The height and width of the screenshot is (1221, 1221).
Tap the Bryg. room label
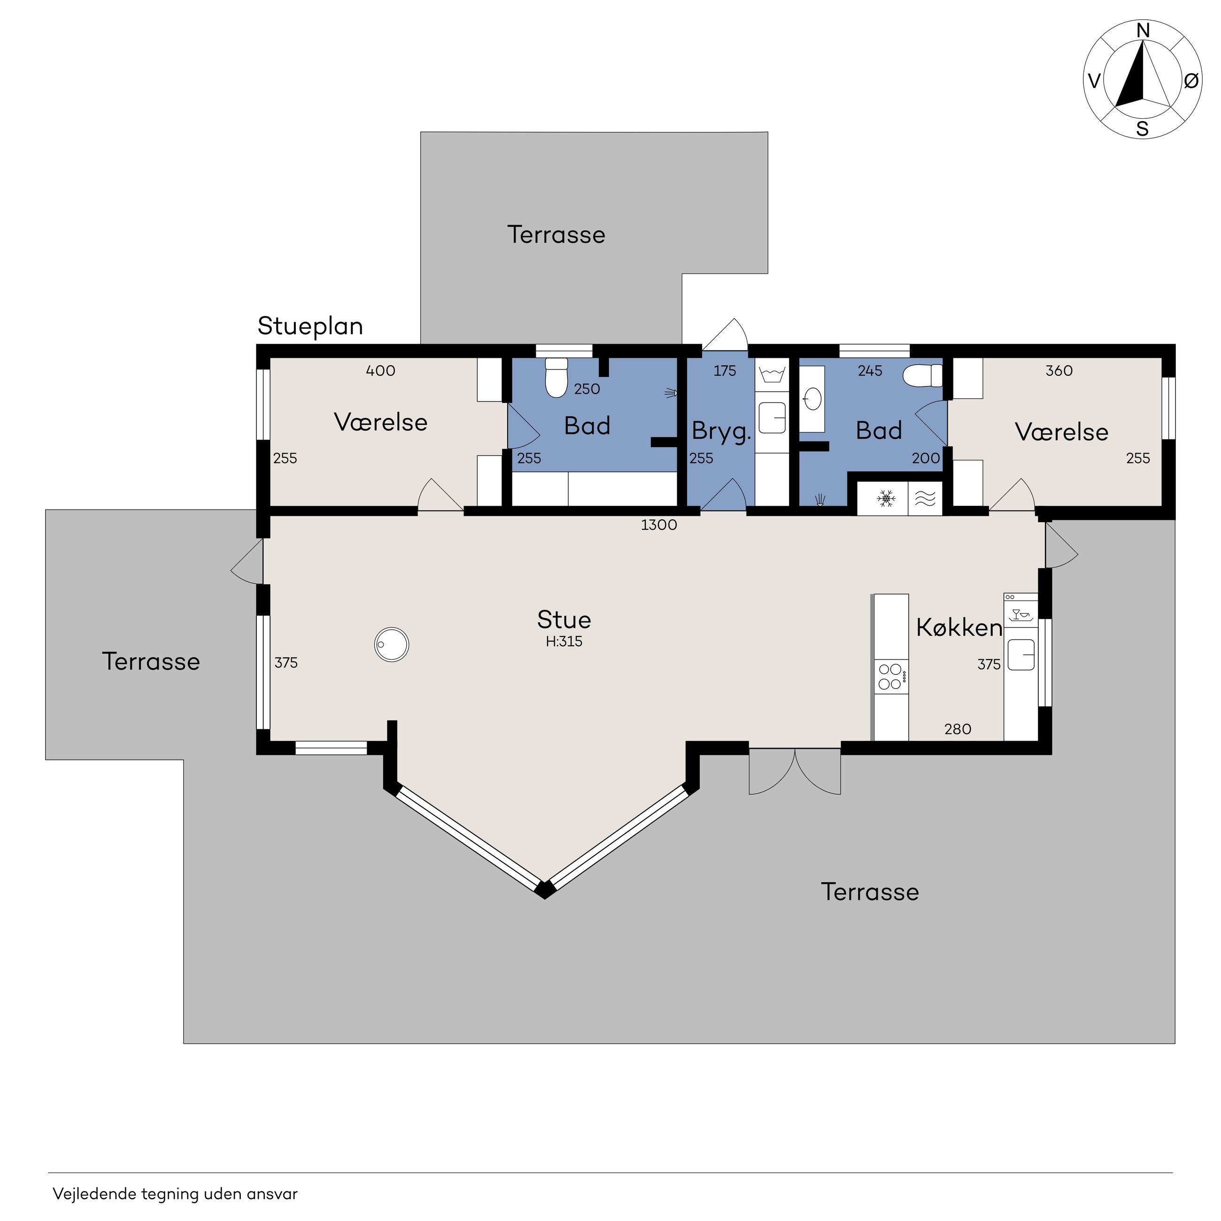coord(721,431)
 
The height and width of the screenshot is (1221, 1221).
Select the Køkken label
coord(959,627)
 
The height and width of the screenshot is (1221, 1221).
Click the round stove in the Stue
coord(392,645)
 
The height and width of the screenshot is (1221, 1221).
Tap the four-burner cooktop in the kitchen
coord(891,677)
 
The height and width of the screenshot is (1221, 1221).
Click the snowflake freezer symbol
coord(886,499)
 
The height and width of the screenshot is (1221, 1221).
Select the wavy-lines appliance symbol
coord(925,499)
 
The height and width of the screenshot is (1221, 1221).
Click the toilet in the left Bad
coord(556,378)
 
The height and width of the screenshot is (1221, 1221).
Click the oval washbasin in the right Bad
coord(812,399)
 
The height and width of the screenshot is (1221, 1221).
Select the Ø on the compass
coord(1190,80)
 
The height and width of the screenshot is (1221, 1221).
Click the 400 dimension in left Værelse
coord(380,371)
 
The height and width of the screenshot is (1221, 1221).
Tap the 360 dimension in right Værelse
coord(1059,371)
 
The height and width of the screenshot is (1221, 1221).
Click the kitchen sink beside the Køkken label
coord(1020,654)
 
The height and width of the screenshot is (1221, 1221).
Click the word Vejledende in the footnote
coord(94,1194)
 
